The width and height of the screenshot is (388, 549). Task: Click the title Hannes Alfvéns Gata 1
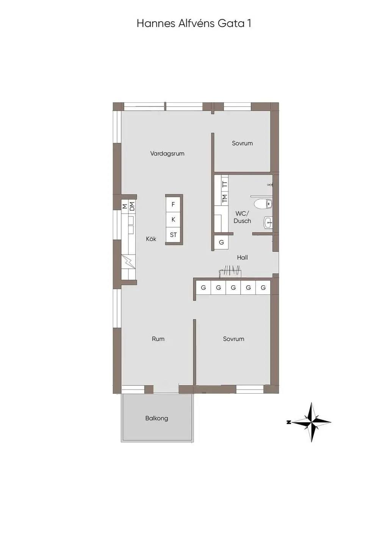click(x=194, y=24)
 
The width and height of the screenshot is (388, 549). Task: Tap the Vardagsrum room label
click(x=167, y=154)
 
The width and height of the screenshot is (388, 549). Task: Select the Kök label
click(x=151, y=239)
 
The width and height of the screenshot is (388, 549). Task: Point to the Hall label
click(x=242, y=257)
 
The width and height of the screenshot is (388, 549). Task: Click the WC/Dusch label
click(x=242, y=217)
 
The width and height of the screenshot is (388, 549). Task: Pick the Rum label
click(x=158, y=339)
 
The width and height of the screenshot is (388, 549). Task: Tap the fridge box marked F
click(x=173, y=204)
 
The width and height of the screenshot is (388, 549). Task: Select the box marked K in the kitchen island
click(x=173, y=220)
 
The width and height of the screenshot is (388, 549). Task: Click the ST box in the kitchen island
click(x=173, y=235)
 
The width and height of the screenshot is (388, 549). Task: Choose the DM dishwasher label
click(x=132, y=206)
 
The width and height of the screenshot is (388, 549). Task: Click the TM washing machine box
click(x=224, y=198)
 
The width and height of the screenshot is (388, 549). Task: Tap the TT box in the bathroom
click(x=224, y=183)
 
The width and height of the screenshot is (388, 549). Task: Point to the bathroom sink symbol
click(x=268, y=223)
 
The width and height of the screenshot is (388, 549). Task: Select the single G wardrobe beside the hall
click(x=221, y=242)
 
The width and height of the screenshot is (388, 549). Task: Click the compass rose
click(x=311, y=422)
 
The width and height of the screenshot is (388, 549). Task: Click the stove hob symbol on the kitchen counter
click(x=128, y=262)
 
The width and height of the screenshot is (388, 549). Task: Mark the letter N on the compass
click(x=289, y=422)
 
